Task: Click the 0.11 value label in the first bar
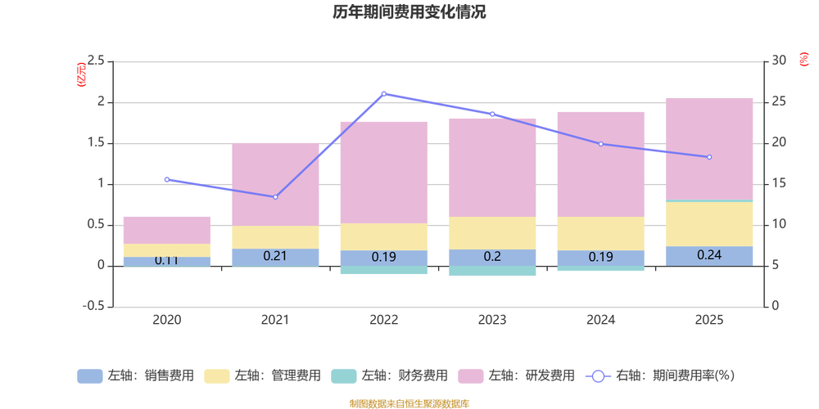coord(167,261)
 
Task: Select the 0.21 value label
coord(275,256)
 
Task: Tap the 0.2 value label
coord(492,256)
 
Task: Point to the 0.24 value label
coord(709,254)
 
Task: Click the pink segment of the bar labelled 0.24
coord(709,147)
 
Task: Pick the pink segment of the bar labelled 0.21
coord(275,184)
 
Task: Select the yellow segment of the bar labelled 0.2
coord(492,233)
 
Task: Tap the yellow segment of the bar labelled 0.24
coord(709,223)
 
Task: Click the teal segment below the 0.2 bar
coord(492,272)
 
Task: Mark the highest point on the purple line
coord(384,93)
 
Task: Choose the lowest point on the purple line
coord(275,197)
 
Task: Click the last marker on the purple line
coord(709,157)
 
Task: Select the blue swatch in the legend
coord(89,376)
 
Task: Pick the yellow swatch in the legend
coord(216,376)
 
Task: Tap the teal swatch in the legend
coord(343,376)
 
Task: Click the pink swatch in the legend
coord(470,376)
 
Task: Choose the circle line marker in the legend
coord(598,376)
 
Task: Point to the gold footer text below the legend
coord(409,402)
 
